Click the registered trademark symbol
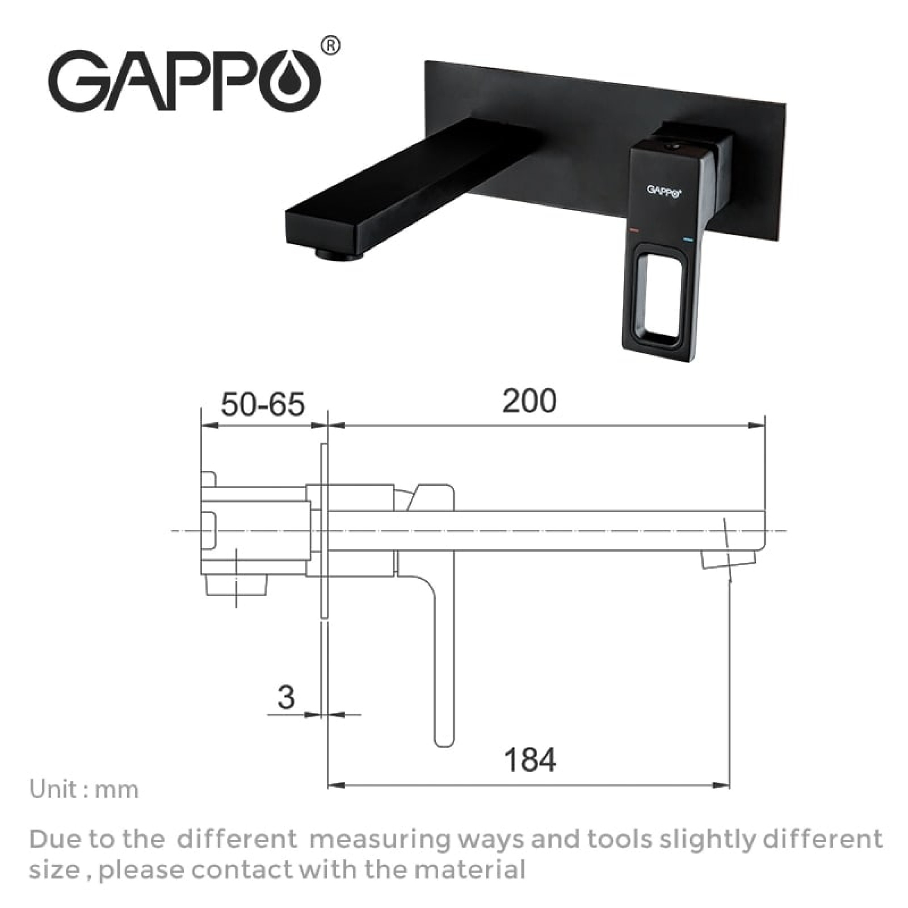332,45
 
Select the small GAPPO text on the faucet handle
663,190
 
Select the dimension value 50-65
263,405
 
